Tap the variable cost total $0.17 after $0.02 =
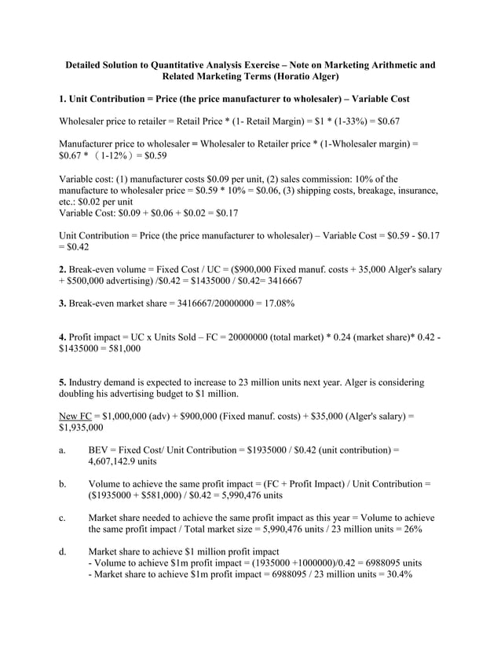point(224,213)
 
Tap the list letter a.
point(61,450)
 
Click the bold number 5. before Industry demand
point(63,383)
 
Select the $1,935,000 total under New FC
point(81,428)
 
